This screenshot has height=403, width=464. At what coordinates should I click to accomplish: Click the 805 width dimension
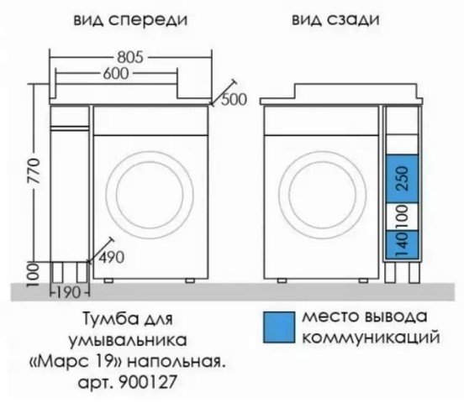pos(130,57)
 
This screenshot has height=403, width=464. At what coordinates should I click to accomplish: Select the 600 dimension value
pos(116,73)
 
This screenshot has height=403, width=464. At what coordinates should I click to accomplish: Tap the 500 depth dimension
pos(234,100)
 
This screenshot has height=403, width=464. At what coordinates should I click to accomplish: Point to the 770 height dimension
pos(34,171)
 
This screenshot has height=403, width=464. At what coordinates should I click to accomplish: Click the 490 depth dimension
pos(111,258)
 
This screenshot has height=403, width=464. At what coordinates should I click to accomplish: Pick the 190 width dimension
pos(68,293)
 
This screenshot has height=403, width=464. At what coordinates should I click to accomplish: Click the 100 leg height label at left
pos(34,275)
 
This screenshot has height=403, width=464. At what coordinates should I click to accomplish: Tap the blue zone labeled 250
pos(402,179)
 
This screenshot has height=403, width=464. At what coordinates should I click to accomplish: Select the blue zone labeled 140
pos(402,244)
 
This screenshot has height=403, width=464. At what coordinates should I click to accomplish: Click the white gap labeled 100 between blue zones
pos(402,217)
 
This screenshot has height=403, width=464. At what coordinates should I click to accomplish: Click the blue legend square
pos(279,327)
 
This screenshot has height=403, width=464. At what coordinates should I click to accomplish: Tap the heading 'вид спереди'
pos(130,20)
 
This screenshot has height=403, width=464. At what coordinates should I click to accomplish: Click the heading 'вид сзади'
pos(335,20)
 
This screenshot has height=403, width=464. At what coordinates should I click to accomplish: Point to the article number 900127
pos(148,382)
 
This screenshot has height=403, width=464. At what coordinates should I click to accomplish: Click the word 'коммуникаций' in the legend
pos(371,338)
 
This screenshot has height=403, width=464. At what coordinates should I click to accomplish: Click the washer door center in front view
pos(150,194)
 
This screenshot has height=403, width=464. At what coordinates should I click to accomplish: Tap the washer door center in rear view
pos(323,194)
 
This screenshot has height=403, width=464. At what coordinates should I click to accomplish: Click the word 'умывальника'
pos(128,341)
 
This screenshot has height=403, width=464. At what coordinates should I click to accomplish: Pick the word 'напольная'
pos(176,362)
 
